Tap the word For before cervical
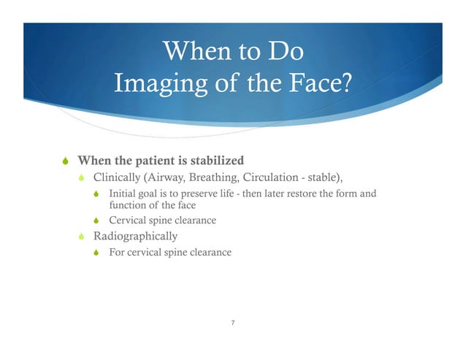116,253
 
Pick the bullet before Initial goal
97,194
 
